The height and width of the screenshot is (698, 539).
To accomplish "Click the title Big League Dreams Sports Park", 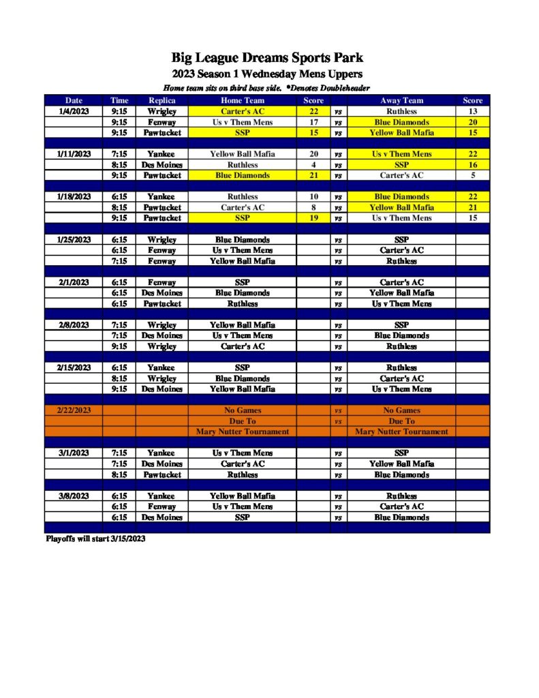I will (269, 58).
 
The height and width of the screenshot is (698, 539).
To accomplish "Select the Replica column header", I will (161, 100).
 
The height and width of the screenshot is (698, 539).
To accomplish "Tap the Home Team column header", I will (243, 100).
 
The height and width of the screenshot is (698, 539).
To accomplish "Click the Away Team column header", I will (401, 100).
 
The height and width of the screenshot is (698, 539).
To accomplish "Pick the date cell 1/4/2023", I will (74, 111).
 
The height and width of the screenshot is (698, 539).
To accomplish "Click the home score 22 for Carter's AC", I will (313, 111).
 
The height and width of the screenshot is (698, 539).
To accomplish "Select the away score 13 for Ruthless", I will (472, 111).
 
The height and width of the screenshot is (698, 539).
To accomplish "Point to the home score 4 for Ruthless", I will (313, 165).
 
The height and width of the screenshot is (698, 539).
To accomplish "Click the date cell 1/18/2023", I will (74, 197).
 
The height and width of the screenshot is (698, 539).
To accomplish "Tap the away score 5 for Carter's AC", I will (472, 175).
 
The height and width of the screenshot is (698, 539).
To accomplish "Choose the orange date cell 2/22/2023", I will (73, 410).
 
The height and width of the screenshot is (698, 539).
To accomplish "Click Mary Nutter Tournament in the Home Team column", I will (243, 431).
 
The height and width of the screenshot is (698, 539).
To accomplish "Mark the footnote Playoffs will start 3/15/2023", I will (95, 538).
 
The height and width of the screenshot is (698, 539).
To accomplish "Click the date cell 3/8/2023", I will (74, 496).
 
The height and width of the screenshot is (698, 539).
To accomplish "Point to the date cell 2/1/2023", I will (74, 282).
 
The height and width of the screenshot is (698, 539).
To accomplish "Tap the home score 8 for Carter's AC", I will (313, 207).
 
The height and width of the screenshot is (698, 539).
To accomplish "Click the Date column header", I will (74, 100).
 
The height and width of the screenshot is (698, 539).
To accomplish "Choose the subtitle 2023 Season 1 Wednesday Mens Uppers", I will (267, 74).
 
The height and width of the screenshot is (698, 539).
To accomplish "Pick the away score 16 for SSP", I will (472, 165).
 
